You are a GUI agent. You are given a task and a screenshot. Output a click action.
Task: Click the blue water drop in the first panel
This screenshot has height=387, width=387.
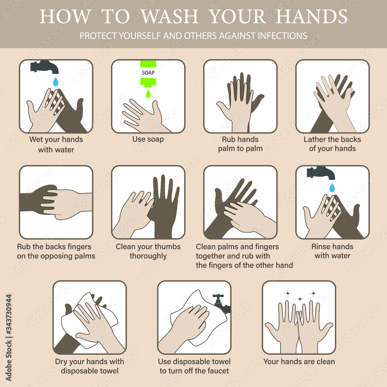pos(56,81)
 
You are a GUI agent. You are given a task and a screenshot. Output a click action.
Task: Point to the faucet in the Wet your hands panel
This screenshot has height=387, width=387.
pos(45,67)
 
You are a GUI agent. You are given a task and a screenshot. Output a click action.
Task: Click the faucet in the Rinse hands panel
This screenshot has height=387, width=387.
pos(321,172)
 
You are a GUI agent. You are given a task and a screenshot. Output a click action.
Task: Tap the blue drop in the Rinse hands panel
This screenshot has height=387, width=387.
pos(332,187)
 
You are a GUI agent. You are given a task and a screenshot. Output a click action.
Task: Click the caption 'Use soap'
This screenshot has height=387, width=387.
pos(148,139)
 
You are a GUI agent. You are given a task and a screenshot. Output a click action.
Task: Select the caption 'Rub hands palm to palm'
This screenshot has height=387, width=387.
pos(240,144)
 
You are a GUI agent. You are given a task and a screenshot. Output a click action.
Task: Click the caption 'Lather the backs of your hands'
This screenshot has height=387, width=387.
pos(332,144)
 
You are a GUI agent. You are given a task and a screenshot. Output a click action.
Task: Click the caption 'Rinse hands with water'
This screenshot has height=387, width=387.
pos(332,251)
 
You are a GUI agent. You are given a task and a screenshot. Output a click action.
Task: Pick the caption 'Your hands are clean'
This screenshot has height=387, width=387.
pos(299,362)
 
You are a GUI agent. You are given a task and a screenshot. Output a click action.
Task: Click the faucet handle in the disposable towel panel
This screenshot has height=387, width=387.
pos(219,297)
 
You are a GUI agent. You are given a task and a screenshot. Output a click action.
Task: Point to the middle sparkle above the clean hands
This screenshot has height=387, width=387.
pos(300,298)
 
